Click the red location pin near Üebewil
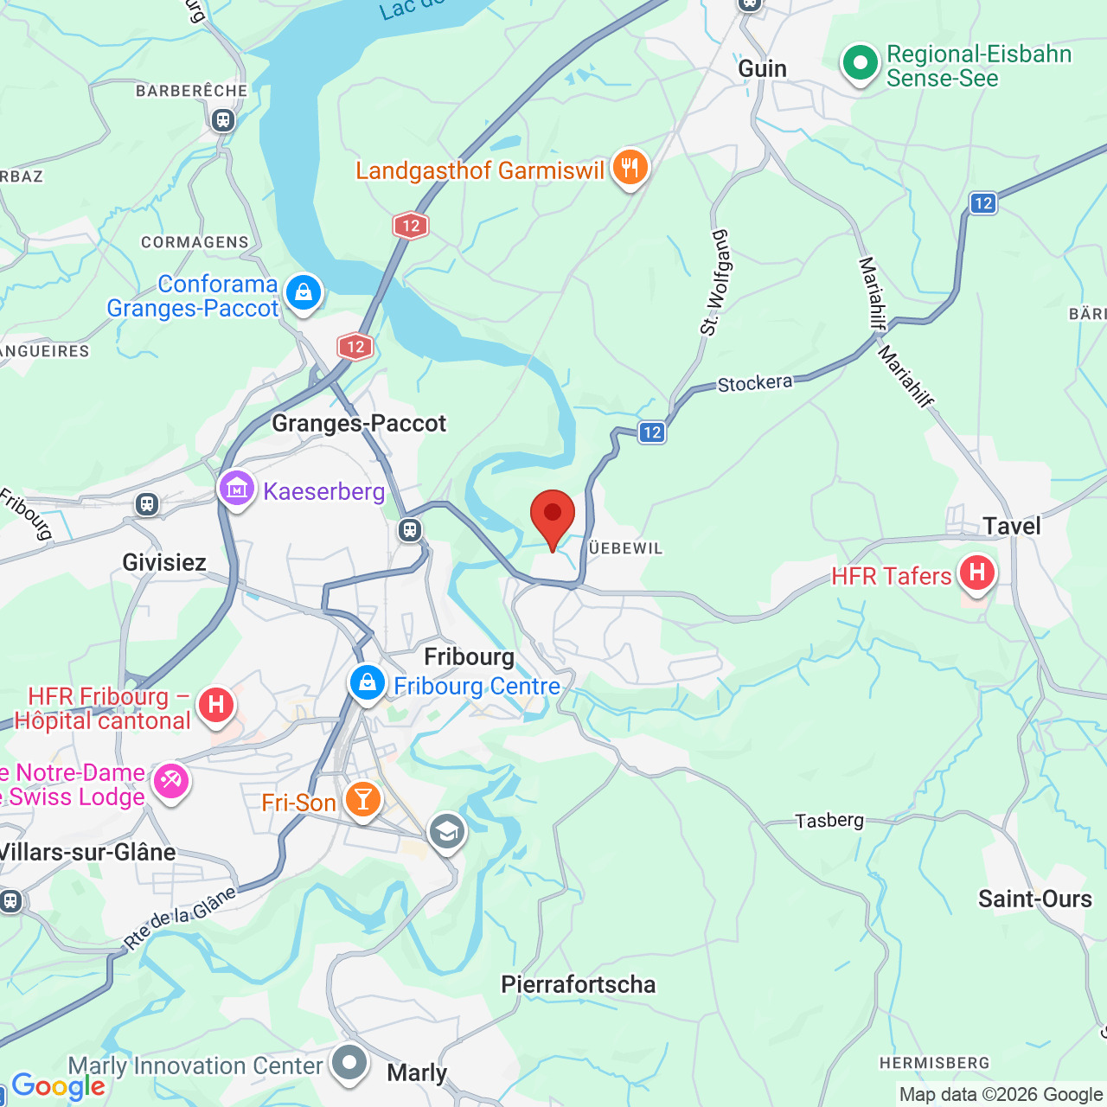pyautogui.click(x=552, y=516)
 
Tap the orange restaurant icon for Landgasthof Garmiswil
pyautogui.click(x=630, y=168)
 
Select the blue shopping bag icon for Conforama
pyautogui.click(x=304, y=293)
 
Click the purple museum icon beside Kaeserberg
pyautogui.click(x=236, y=490)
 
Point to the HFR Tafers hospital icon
pyautogui.click(x=976, y=573)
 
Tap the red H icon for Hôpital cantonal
pyautogui.click(x=216, y=706)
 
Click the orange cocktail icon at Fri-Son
pyautogui.click(x=362, y=799)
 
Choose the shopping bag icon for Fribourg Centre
pyautogui.click(x=368, y=683)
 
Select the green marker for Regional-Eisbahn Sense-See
pyautogui.click(x=860, y=63)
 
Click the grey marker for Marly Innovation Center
pyautogui.click(x=349, y=1062)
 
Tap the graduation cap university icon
pyautogui.click(x=447, y=833)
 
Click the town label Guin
pyautogui.click(x=762, y=68)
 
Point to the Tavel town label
pyautogui.click(x=1011, y=526)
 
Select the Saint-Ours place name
pyautogui.click(x=1034, y=899)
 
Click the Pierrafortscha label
pyautogui.click(x=578, y=984)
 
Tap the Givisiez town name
pyautogui.click(x=164, y=562)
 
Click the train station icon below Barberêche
pyautogui.click(x=223, y=120)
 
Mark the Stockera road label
pyautogui.click(x=754, y=383)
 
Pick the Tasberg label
pyautogui.click(x=829, y=820)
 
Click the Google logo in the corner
pyautogui.click(x=58, y=1086)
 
